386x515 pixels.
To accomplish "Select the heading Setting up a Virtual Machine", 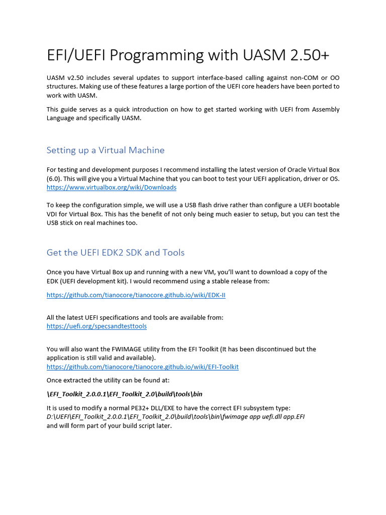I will click(106, 150).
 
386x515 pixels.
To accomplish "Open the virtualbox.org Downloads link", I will click(111, 188).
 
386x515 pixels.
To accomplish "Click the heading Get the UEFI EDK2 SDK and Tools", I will click(116, 252).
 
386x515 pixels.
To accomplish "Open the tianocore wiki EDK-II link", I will click(136, 295).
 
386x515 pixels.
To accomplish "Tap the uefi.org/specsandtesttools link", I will click(96, 326).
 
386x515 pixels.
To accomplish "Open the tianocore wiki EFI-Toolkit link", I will click(142, 367).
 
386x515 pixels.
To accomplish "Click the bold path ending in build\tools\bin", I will click(124, 394).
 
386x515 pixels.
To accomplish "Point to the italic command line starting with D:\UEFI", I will click(175, 417).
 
